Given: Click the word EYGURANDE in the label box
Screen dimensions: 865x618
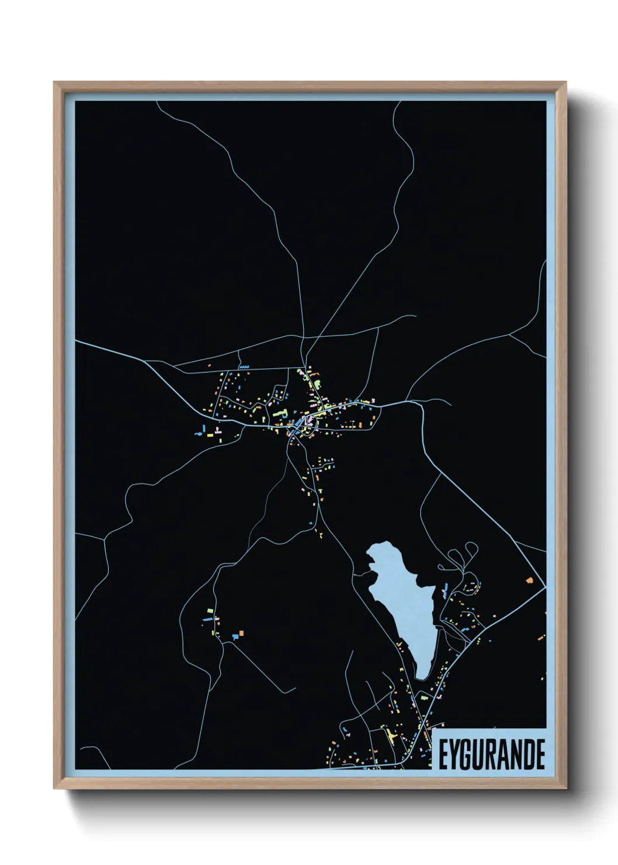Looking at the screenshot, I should [491, 755].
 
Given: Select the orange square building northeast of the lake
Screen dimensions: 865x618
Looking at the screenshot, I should [530, 580].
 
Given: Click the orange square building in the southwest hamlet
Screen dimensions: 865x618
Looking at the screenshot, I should [241, 632].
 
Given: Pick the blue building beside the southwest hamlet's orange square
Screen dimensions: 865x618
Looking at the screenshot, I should [234, 635].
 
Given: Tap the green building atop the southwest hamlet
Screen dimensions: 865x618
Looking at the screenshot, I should [210, 611].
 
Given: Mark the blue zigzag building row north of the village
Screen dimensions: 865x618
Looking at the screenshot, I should [244, 367].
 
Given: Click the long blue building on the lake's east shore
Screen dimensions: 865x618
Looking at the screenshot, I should [446, 586].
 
